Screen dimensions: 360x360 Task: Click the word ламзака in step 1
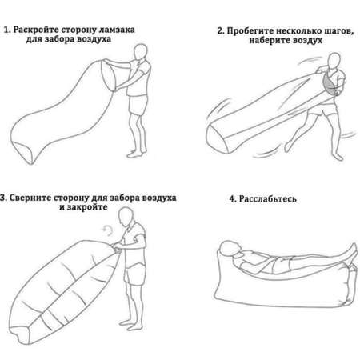[x=117, y=30]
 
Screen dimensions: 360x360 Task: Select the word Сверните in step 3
[x=30, y=198]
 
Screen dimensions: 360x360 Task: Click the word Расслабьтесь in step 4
[x=267, y=199]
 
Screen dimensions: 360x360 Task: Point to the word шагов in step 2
[x=338, y=31]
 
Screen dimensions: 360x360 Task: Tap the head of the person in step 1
[x=141, y=52]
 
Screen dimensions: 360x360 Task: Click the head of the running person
[x=334, y=61]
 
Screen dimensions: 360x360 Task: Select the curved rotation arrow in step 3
[x=108, y=230]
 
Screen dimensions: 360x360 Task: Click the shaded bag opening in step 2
[x=330, y=84]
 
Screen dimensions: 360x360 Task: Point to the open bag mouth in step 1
[x=109, y=75]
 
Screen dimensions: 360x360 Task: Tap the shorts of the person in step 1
[x=138, y=105]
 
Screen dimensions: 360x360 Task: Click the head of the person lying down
[x=230, y=249]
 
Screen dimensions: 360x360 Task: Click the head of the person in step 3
[x=126, y=216]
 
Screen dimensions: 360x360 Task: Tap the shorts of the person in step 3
[x=135, y=274]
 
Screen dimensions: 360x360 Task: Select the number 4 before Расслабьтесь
[x=233, y=199]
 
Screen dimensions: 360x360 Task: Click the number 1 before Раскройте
[x=7, y=30]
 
